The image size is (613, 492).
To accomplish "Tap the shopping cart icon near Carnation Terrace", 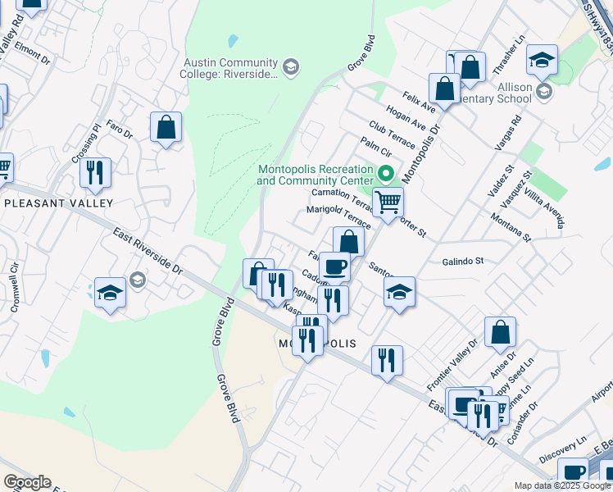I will point(388,200).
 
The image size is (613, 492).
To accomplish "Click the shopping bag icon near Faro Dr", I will point(166,128).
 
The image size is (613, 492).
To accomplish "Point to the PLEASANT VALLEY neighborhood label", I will point(47,203).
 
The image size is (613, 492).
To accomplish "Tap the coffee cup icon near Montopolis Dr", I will point(334,266).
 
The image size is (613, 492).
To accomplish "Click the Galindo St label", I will point(463,261).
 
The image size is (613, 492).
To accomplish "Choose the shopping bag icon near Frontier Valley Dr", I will point(499,332).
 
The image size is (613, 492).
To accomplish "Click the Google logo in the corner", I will point(27,482).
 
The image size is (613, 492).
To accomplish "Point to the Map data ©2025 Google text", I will point(562,485).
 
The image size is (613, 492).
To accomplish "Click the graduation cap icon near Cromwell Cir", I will point(110,293).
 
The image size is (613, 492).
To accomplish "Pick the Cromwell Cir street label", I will point(14,289).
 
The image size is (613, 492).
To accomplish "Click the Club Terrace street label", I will point(392,134).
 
